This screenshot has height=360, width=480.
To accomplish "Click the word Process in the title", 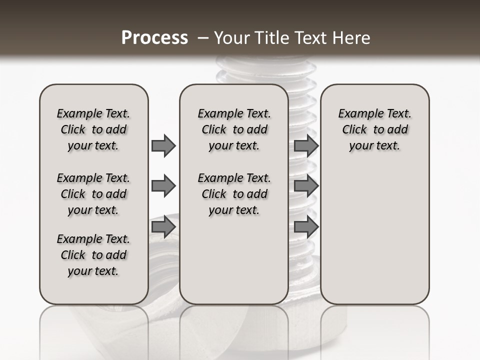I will coord(154,37).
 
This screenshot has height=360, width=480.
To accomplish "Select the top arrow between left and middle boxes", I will coord(163,145).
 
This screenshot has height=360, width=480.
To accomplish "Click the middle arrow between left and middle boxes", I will coord(163,186).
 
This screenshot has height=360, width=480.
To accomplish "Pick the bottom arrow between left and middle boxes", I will coord(163,227).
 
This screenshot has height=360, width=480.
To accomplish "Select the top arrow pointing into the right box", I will coord(306,145).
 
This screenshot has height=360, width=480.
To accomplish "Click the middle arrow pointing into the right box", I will coord(306,186).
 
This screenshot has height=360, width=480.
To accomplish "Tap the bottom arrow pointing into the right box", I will coord(306,227).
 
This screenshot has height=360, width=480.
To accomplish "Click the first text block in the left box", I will coord(93,129).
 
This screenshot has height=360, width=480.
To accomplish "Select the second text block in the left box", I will coord(93,194).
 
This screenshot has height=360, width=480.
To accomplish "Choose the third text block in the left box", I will coord(93,255).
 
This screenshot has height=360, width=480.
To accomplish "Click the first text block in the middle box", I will coord(234,129).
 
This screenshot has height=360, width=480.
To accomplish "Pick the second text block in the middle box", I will coord(234,194).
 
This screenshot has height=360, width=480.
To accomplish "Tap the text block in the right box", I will coord(374,129).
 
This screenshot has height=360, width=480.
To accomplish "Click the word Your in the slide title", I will coord(232,37).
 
